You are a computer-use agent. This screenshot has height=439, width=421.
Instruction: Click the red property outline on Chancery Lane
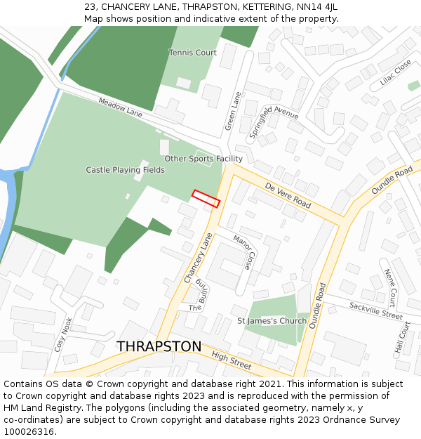point(206,198)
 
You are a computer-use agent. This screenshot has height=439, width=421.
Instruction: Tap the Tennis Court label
point(192,53)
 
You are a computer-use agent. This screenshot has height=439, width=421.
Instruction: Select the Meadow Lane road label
point(120,107)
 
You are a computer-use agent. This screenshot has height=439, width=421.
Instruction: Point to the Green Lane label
point(232,111)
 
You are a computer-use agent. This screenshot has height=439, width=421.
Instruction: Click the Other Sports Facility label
point(203,159)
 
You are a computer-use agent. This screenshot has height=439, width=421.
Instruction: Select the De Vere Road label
point(288,195)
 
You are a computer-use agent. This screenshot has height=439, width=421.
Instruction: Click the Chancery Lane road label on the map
point(197,258)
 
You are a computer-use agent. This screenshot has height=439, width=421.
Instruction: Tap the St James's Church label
point(272,321)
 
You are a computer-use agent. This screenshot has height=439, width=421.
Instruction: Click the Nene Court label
point(391,284)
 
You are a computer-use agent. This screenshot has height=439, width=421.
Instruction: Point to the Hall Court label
point(401,338)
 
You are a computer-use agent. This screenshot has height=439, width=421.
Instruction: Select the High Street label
point(231,361)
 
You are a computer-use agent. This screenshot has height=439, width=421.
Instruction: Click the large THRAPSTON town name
point(159,347)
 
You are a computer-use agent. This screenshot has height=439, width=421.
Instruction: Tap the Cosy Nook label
point(63,334)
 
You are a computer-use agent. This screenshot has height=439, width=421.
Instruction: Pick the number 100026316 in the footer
point(29,431)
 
